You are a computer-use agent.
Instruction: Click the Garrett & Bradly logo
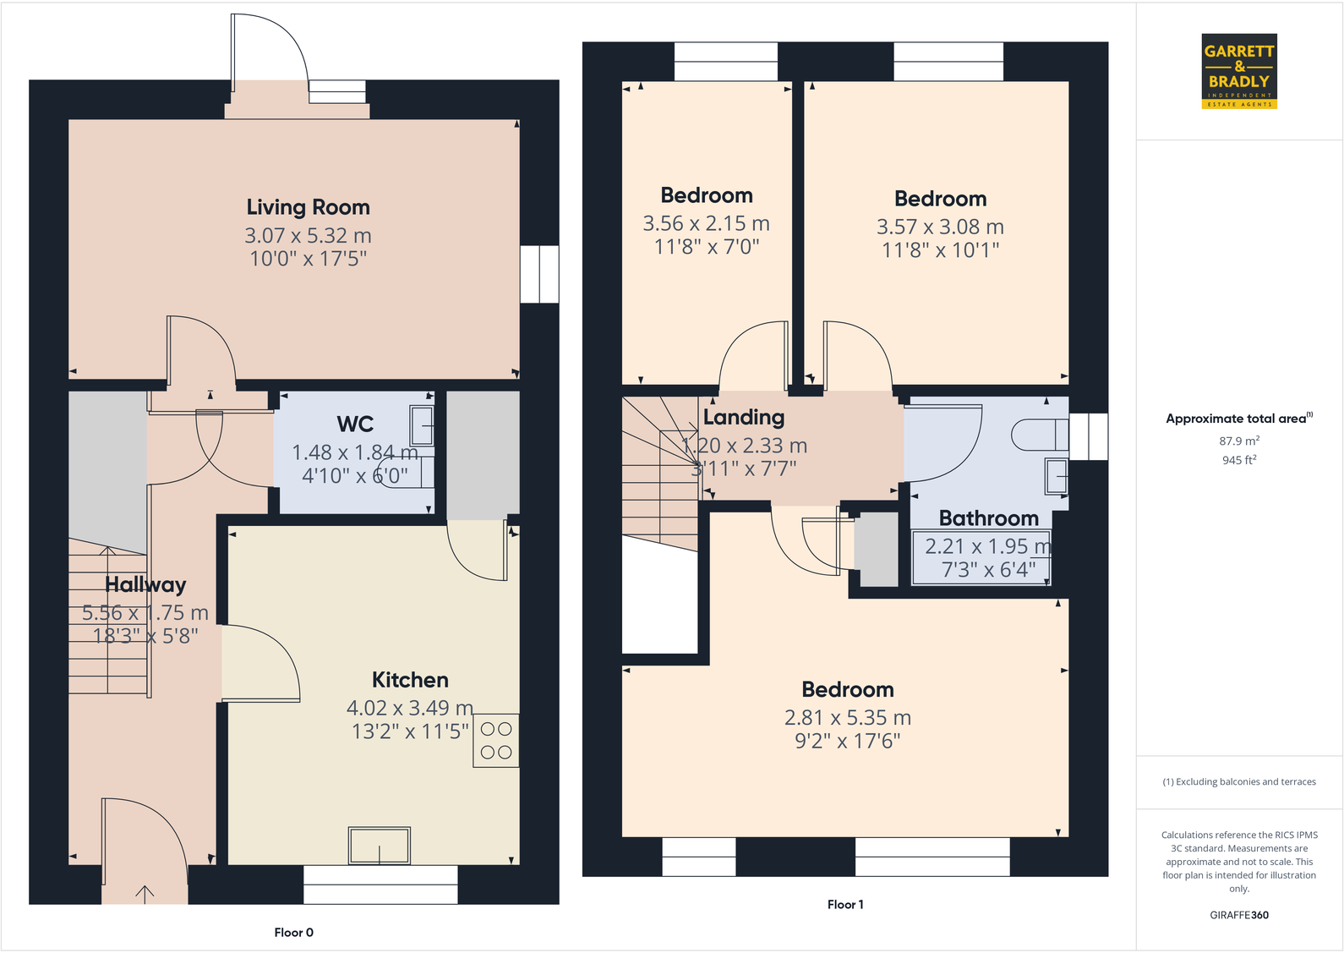coord(1238,71)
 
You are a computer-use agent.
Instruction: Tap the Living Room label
coord(308,207)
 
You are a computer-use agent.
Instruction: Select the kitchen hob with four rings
coord(496,741)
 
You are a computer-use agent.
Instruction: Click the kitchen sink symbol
coord(380,845)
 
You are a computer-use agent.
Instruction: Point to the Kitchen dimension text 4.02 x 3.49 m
coord(409,708)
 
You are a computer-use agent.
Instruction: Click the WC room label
coord(355,424)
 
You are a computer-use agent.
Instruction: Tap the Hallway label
coord(145,584)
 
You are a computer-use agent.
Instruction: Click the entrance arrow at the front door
coord(145,893)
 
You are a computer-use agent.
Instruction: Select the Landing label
coord(744,417)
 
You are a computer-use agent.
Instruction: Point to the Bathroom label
coord(988,518)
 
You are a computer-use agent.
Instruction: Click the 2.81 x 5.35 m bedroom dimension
coord(847,718)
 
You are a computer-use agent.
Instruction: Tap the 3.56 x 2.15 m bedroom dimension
coord(706,223)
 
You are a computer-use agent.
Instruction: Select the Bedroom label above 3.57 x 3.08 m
coord(940,199)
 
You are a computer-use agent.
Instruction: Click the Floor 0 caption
coord(293,933)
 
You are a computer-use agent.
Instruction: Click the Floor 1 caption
coord(844,905)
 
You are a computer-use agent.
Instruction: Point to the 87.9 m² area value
coord(1238,441)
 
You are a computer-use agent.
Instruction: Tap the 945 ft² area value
coord(1238,460)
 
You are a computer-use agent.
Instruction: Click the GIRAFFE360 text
coord(1238,915)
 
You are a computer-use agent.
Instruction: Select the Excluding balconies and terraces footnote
coord(1238,782)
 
